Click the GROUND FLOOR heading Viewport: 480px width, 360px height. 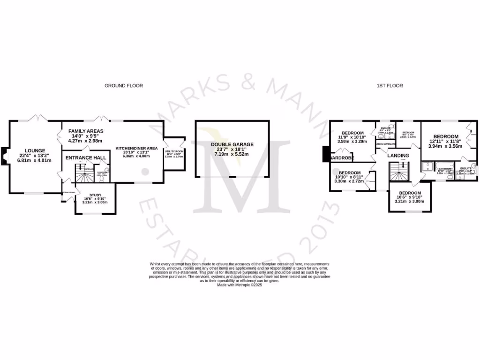click(x=123, y=86)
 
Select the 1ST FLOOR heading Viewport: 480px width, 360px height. click(x=390, y=86)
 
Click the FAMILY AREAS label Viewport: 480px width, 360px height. click(x=86, y=131)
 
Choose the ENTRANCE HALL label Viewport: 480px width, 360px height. click(x=85, y=157)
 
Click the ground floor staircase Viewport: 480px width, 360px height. click(x=85, y=176)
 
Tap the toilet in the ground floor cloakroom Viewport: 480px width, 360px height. click(x=106, y=172)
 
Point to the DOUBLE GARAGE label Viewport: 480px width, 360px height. click(x=232, y=144)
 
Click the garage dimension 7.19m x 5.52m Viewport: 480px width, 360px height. click(x=232, y=154)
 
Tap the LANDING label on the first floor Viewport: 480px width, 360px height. click(x=398, y=156)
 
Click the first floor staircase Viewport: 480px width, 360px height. click(x=400, y=174)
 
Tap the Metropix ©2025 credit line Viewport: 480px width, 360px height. click(x=239, y=285)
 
